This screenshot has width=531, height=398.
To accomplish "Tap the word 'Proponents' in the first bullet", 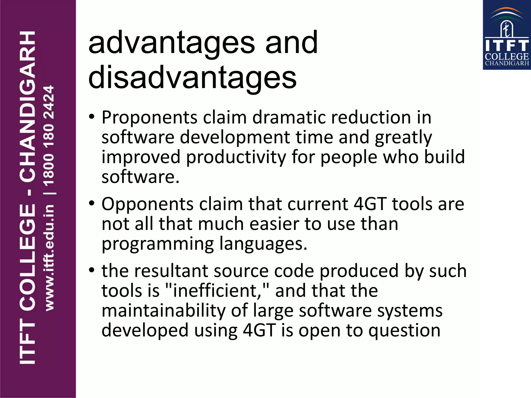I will (x=150, y=118).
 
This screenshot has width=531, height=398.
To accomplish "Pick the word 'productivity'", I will (x=236, y=158).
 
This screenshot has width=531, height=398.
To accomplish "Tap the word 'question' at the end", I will (x=404, y=331).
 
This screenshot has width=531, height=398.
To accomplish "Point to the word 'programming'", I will (x=158, y=244).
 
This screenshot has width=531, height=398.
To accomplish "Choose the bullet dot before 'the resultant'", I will (x=92, y=270).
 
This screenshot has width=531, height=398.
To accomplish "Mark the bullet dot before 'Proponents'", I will (x=92, y=117).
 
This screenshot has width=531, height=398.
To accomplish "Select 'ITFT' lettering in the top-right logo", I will (x=507, y=46).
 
